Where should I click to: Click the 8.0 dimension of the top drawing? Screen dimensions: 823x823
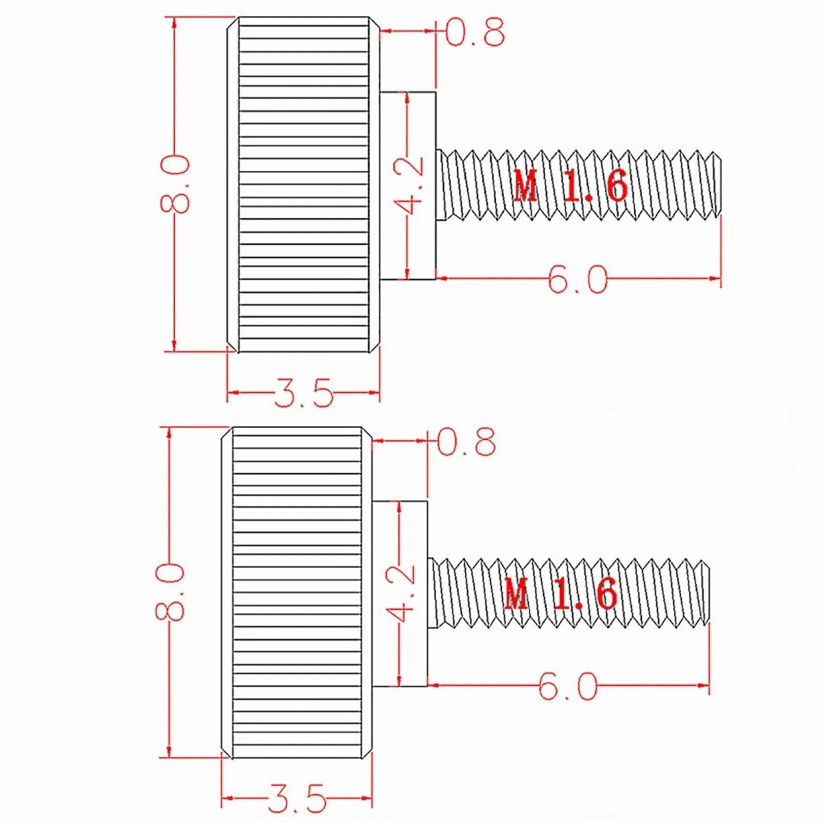tap(176, 184)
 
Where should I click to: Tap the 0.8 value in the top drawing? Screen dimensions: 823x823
tap(475, 31)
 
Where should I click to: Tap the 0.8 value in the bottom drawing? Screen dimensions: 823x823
tap(467, 441)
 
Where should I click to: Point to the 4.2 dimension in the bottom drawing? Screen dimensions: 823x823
tap(400, 595)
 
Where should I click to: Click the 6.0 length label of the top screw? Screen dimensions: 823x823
tap(577, 279)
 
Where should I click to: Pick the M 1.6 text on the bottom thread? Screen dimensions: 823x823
tap(561, 594)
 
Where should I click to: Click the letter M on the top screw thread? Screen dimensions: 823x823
tap(526, 186)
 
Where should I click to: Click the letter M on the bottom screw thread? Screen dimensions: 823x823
tap(516, 594)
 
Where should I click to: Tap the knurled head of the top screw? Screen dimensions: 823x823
tap(303, 184)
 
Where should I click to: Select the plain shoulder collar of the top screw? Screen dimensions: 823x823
tap(408, 185)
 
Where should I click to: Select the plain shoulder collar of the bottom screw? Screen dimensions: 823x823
tap(400, 595)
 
